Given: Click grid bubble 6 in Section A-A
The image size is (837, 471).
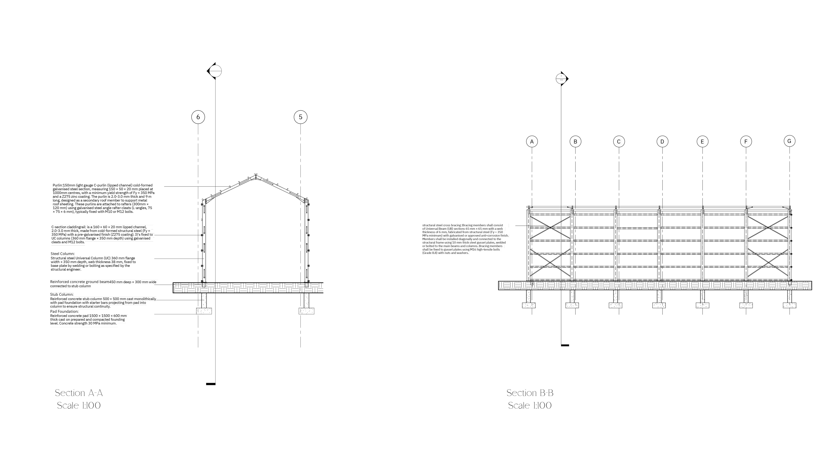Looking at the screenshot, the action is [198, 117].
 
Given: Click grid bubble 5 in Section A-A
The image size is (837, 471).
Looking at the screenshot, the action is [301, 117].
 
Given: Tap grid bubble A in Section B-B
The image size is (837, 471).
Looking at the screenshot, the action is [532, 142].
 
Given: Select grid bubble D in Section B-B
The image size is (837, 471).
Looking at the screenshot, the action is [662, 142].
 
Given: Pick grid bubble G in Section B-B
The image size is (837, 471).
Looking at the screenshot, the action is [789, 141].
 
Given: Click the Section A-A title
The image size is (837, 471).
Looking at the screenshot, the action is [79, 393].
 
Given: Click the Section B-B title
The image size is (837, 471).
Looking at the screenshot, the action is [530, 393].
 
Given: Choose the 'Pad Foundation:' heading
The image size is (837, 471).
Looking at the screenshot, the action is [64, 311].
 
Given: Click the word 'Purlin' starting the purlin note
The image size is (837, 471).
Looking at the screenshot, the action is [57, 185].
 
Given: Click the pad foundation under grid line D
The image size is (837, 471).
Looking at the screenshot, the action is [659, 305].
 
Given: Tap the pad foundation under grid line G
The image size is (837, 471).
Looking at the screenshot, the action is [790, 305].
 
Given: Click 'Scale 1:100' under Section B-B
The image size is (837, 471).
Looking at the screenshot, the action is [530, 406].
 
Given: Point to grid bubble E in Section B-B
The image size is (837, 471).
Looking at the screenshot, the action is [703, 142].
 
